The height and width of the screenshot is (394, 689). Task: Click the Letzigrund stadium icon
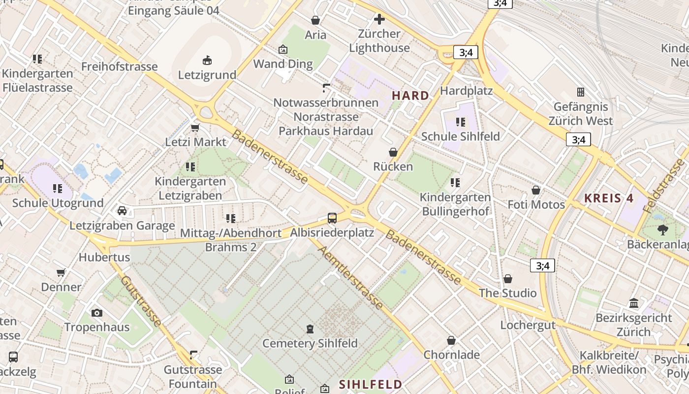(207, 61)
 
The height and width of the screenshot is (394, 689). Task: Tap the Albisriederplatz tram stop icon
(332, 218)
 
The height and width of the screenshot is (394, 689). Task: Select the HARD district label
(410, 96)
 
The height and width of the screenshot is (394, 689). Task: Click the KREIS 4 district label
(608, 198)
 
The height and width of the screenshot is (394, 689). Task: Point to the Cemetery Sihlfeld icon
(310, 328)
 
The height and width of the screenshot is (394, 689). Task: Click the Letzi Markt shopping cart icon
(195, 128)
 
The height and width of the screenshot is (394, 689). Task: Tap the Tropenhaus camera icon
(97, 313)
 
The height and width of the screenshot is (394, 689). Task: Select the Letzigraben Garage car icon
(122, 211)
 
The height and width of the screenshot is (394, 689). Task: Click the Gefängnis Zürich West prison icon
(581, 92)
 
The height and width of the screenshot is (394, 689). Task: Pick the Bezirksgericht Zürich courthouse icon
(634, 303)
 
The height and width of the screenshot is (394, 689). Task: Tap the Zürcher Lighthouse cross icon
(379, 19)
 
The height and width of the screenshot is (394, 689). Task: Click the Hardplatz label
(466, 91)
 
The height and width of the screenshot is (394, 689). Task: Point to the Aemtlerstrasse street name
(350, 277)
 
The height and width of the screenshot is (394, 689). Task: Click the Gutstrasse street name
(141, 301)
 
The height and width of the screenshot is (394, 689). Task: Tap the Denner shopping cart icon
(61, 272)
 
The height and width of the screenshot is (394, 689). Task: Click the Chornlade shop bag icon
(451, 340)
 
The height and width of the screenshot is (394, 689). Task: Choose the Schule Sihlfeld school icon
(461, 122)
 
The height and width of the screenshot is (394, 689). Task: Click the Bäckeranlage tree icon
(663, 230)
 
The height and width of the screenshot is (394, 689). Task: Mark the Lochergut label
(528, 325)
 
